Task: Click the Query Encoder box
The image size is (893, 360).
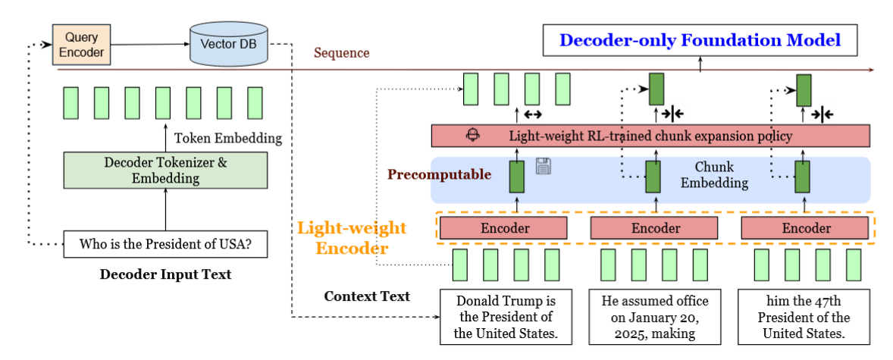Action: (x=81, y=45)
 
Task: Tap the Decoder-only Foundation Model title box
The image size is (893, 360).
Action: (x=700, y=40)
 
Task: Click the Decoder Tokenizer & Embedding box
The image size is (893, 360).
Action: (x=166, y=171)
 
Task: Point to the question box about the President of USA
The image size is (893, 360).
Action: (x=165, y=245)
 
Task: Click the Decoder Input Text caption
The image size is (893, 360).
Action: (x=165, y=274)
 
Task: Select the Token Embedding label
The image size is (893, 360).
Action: (x=228, y=138)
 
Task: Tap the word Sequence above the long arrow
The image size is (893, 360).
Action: (x=342, y=53)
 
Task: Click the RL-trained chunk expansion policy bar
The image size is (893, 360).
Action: (x=650, y=136)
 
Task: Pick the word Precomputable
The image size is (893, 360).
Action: (x=439, y=175)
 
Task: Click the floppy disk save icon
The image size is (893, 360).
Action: (x=544, y=166)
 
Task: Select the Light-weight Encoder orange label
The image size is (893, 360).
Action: (x=352, y=238)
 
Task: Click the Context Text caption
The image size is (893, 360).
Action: (x=367, y=296)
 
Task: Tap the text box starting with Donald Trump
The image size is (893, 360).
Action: (x=503, y=317)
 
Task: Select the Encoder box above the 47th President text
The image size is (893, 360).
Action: (x=806, y=227)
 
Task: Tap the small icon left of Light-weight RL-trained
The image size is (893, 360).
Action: (x=475, y=136)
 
